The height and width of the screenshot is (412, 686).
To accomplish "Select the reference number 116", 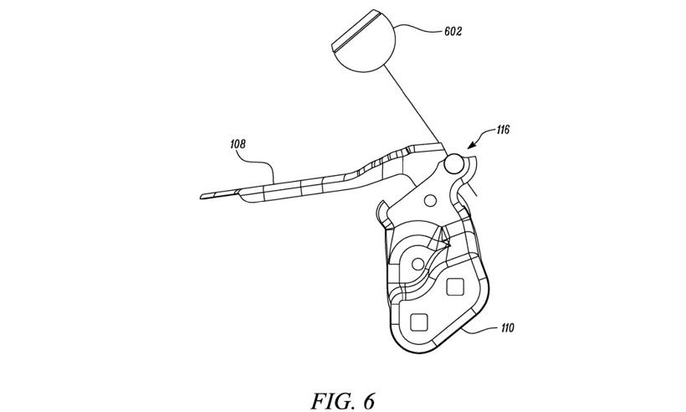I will tap(502, 130).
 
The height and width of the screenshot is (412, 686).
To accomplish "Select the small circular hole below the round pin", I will tap(429, 199).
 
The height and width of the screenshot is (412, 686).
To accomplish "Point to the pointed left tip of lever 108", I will tap(202, 198).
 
